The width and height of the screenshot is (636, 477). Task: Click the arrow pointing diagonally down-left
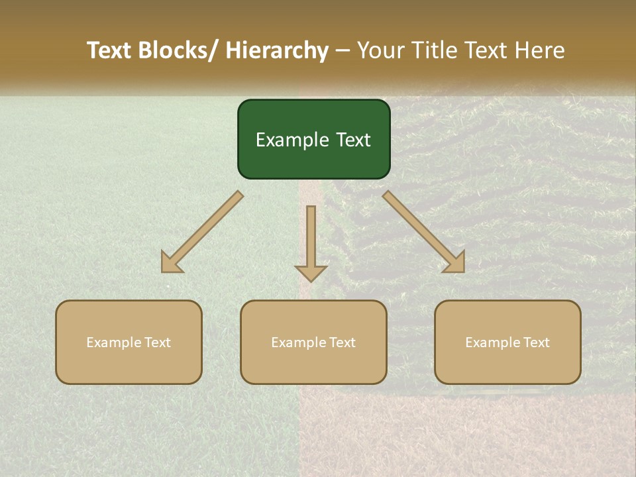pos(202,232)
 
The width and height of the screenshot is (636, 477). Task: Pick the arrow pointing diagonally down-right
pos(424,232)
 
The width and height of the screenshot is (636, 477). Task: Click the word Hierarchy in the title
pos(277,50)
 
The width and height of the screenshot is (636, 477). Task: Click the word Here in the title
pos(539,50)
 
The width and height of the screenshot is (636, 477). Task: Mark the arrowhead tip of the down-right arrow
pos(463,271)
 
